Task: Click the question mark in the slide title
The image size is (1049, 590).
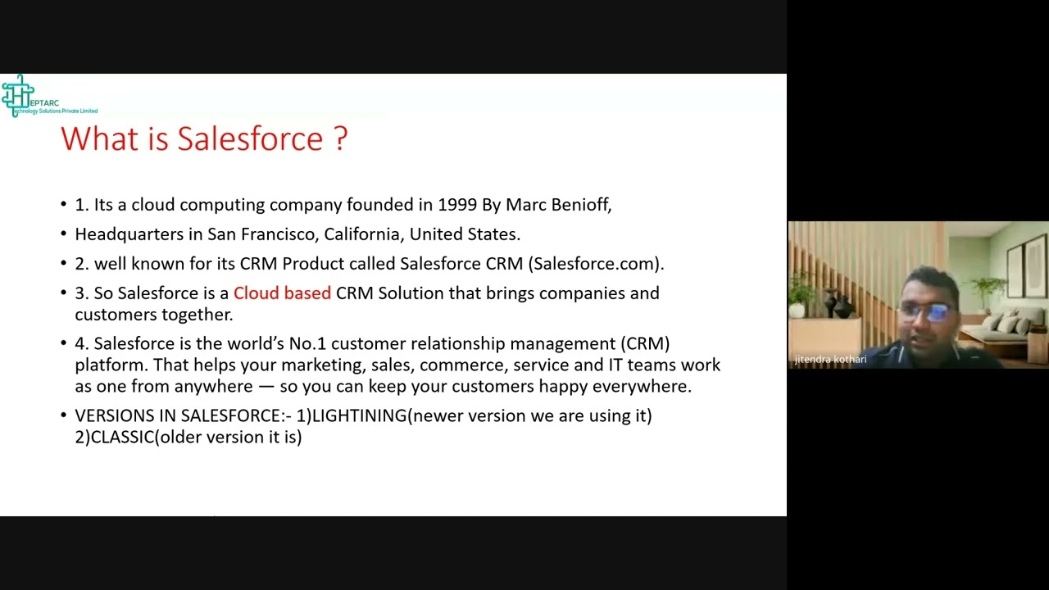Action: coord(340,138)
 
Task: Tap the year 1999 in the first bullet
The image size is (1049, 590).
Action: coord(456,205)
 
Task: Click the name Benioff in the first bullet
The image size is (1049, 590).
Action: coord(583,205)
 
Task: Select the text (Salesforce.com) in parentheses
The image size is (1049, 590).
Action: coord(595,264)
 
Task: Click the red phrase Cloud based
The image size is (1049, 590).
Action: coord(282,293)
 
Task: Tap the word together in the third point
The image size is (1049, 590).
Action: coord(197,315)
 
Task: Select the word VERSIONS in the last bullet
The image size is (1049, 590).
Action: coord(114,416)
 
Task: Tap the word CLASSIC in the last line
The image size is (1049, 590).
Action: coord(122,438)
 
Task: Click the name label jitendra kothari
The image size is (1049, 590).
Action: coord(830,360)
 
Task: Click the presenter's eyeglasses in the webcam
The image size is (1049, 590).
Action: coord(929,312)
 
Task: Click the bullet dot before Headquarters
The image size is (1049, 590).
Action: coord(64,235)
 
